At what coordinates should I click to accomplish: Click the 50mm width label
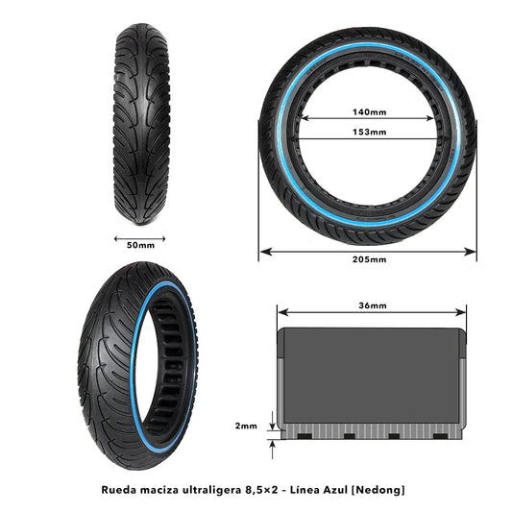140,245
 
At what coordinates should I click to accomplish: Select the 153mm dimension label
369,132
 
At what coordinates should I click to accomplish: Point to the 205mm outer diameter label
369,260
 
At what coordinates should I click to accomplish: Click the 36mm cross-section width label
371,305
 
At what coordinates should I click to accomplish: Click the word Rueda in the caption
119,489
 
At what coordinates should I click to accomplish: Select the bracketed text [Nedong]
378,489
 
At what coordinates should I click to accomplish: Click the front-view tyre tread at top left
141,110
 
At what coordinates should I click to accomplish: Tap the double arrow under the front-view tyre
140,235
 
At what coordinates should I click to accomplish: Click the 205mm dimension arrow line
317,251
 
